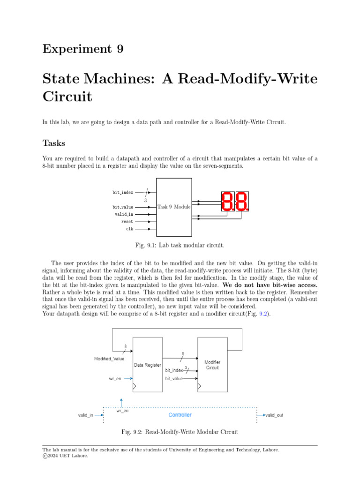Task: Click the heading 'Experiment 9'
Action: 83,49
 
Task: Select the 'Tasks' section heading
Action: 54,142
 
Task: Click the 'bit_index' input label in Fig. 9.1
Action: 123,192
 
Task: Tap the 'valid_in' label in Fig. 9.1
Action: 124,214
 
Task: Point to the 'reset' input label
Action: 127,222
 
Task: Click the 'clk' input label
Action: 129,229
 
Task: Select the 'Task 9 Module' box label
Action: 174,207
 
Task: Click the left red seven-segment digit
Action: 227,202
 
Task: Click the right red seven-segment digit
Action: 242,202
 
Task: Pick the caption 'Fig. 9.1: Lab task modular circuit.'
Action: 180,246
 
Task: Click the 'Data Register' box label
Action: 148,365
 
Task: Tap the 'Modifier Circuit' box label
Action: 212,365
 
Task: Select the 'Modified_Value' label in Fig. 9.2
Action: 109,359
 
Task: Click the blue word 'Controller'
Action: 180,415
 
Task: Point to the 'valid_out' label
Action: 274,415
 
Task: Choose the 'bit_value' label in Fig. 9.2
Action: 174,378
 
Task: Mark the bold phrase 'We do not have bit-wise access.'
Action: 270,285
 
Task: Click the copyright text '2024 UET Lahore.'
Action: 68,455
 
